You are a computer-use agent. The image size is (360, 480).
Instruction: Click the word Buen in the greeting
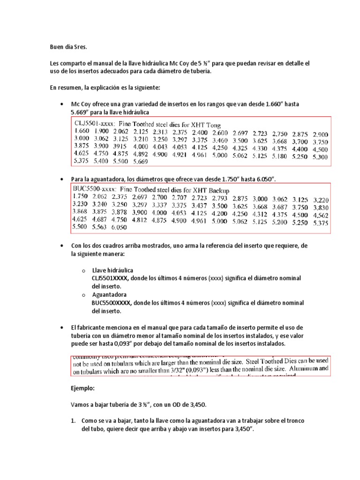57,47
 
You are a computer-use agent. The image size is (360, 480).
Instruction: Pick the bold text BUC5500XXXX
111,303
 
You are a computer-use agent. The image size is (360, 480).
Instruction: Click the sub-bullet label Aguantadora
109,294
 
